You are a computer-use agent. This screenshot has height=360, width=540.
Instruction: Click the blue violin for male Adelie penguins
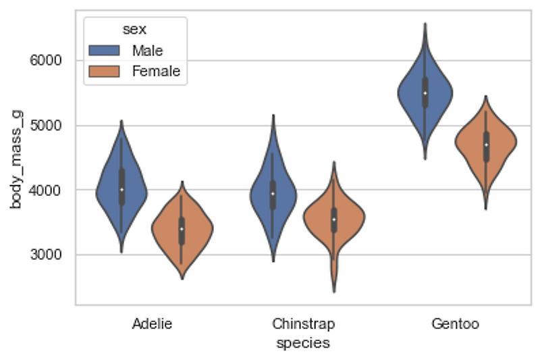tap(122, 189)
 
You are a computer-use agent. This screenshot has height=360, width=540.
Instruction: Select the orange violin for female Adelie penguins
tap(182, 229)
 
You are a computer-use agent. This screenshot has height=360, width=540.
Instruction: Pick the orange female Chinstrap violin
tap(333, 219)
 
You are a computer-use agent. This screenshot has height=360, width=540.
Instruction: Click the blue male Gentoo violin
tap(425, 94)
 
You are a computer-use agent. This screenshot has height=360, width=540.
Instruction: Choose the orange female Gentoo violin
tap(485, 145)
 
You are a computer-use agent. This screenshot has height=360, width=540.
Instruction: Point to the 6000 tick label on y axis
tap(46, 61)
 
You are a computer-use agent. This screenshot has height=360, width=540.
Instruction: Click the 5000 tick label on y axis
tap(46, 126)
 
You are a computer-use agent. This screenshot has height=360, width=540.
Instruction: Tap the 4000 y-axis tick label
tap(46, 190)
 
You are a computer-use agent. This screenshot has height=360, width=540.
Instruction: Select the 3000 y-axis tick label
tap(46, 255)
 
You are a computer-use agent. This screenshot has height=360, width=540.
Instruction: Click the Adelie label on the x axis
tap(152, 324)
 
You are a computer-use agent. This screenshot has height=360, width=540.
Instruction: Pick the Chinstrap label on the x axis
tap(303, 324)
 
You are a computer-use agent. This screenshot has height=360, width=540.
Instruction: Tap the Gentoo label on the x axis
tap(455, 324)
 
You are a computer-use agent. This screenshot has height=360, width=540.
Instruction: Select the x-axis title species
tap(303, 343)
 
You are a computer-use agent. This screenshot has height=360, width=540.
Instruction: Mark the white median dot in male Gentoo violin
tap(425, 93)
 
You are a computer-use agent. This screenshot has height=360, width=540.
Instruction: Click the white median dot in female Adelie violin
tap(182, 229)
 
